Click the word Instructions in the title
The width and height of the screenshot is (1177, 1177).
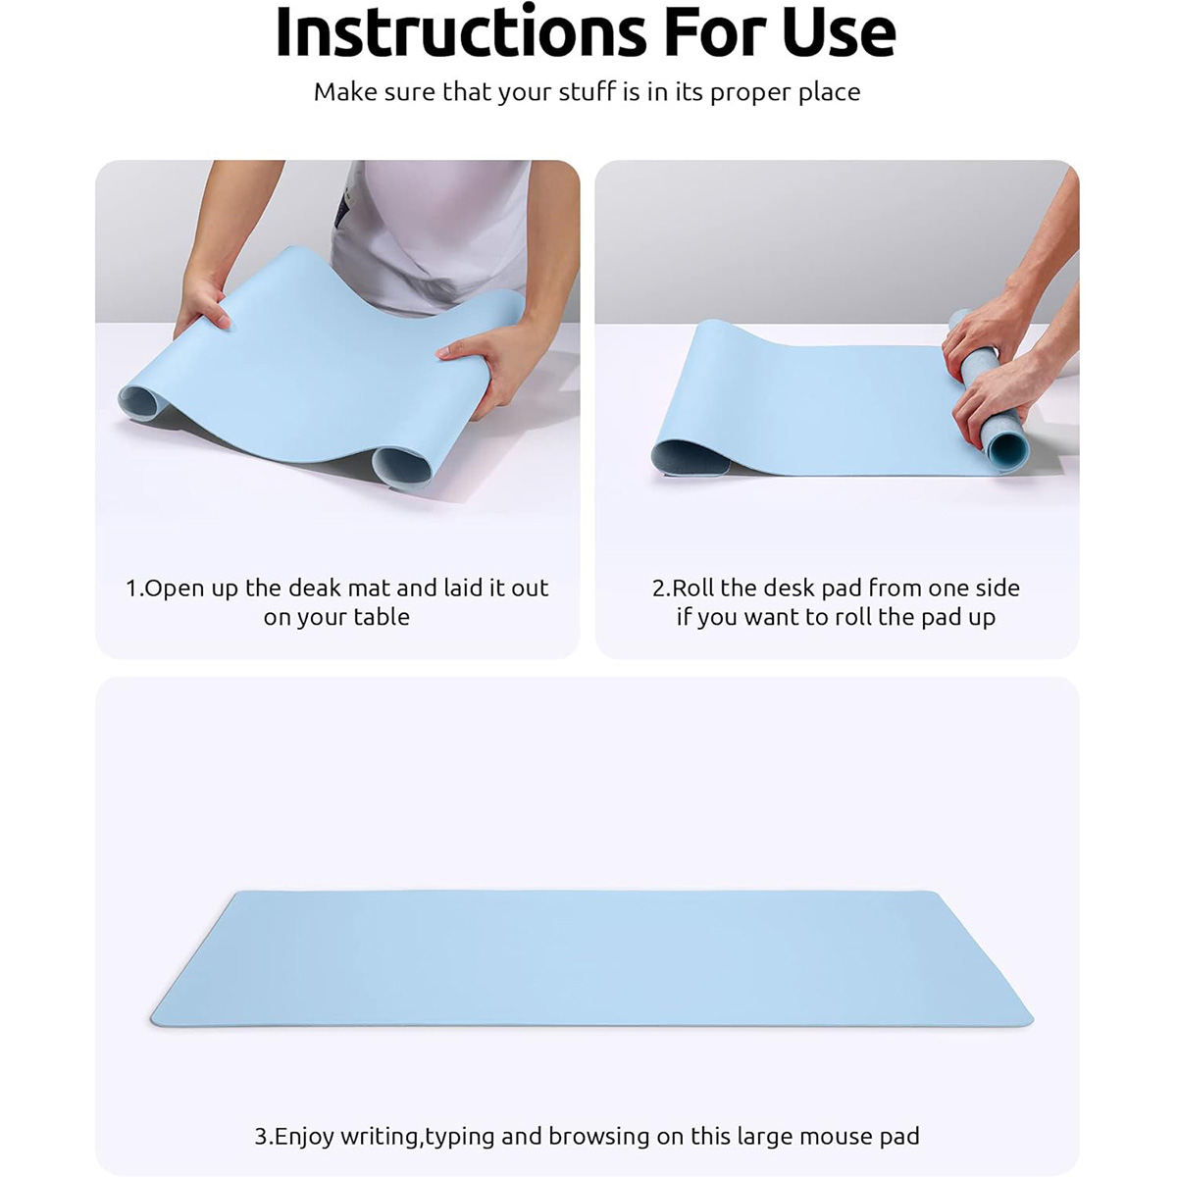coord(461,32)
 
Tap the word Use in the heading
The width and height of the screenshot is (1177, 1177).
coord(840,32)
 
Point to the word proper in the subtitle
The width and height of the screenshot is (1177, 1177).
coord(751,93)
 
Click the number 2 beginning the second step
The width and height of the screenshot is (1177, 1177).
coord(658,588)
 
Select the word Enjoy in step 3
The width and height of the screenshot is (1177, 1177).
coord(304,1103)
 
